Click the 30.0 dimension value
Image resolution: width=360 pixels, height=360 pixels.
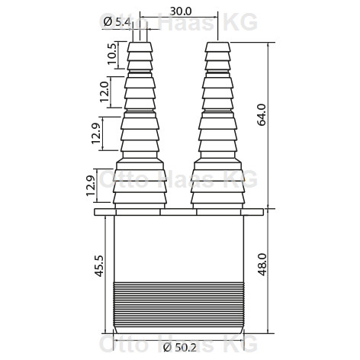click(x=181, y=11)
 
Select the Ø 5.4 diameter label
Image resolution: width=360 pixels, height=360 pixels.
click(x=117, y=22)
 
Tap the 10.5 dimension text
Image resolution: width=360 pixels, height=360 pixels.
click(x=112, y=54)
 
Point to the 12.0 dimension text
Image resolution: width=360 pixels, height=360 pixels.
click(x=104, y=92)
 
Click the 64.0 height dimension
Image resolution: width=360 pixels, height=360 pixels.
click(x=262, y=114)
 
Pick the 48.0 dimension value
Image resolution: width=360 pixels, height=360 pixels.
click(x=262, y=265)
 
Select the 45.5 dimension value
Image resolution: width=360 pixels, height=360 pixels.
click(x=99, y=266)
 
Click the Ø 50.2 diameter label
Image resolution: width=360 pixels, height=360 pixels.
click(x=180, y=347)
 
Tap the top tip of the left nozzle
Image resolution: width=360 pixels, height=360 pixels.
click(x=140, y=43)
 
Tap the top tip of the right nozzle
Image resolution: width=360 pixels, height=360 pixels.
click(x=218, y=43)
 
